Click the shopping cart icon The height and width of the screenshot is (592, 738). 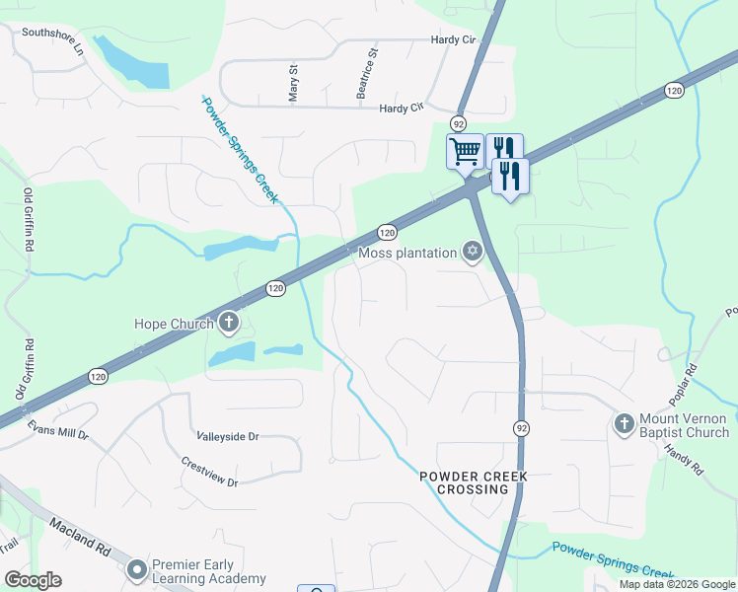[464, 152]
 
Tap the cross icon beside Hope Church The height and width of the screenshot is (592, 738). [229, 323]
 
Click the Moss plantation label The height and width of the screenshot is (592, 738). [406, 253]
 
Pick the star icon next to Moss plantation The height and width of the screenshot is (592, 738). [473, 253]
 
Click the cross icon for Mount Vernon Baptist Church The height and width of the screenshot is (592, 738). [623, 424]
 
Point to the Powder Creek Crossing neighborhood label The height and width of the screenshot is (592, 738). [474, 482]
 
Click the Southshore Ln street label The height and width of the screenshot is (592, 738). [52, 45]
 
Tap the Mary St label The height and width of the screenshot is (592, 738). [293, 84]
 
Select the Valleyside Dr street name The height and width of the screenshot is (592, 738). [227, 436]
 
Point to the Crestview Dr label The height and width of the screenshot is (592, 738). [209, 471]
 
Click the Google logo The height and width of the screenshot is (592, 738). [33, 580]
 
